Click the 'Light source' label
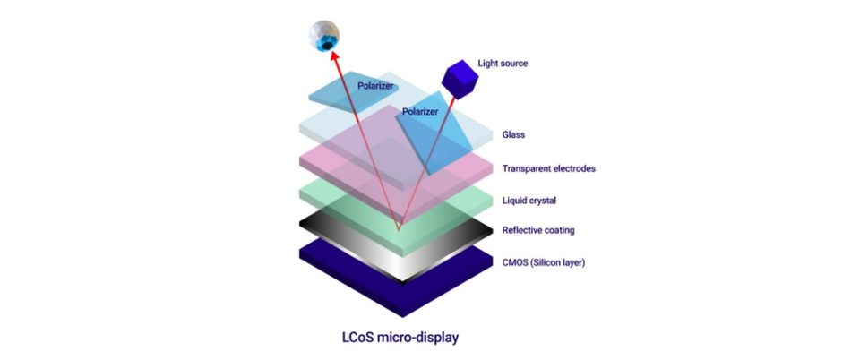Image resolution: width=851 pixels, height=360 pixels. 503,64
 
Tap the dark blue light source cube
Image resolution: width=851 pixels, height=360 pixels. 460,80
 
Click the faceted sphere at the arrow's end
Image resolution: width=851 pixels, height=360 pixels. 324,36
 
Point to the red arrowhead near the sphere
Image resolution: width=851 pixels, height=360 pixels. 334,56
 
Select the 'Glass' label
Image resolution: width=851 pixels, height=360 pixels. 513,134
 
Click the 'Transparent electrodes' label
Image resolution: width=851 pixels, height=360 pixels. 549,168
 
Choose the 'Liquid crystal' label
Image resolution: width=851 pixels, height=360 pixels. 529,201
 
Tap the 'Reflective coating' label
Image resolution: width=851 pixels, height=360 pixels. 538,230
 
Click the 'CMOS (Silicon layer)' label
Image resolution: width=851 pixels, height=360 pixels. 544,263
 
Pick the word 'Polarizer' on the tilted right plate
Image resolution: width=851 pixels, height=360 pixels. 419,111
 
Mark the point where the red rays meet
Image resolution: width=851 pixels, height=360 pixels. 399,230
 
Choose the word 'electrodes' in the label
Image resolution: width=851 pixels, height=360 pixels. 574,168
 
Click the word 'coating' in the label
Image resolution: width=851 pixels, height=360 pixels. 559,231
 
